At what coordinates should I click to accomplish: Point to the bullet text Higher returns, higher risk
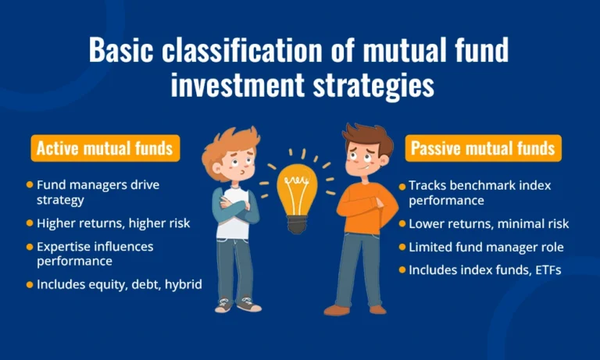[113, 223]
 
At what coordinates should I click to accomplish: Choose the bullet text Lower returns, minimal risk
[489, 224]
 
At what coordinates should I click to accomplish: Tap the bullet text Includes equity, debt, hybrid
[120, 284]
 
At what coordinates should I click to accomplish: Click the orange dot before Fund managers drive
[30, 185]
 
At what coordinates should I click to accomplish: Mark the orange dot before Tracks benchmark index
[402, 186]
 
